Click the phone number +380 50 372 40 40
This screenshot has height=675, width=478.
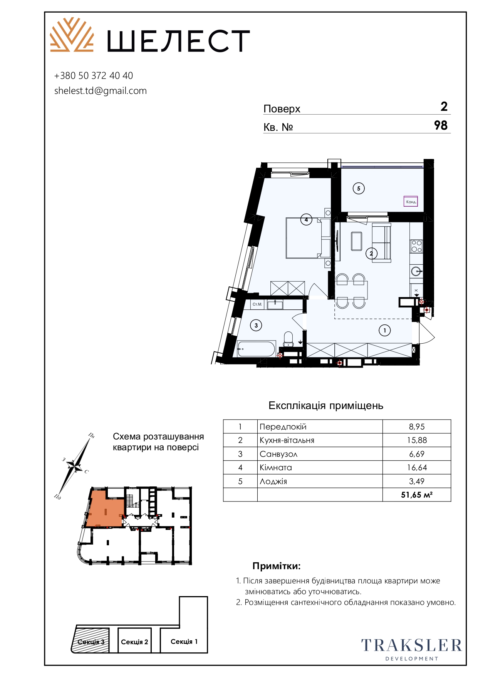(94, 76)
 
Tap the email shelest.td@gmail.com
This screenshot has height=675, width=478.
(101, 91)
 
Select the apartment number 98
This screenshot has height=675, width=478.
(441, 125)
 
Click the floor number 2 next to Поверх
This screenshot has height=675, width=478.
(444, 107)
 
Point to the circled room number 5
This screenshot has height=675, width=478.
(359, 189)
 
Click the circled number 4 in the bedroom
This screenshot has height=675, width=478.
(306, 220)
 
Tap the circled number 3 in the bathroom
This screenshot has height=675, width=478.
(256, 325)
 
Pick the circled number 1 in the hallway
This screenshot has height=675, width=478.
(384, 330)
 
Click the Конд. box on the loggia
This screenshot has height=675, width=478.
(411, 201)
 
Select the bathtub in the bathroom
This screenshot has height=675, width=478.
(256, 349)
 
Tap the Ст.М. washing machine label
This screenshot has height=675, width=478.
(257, 304)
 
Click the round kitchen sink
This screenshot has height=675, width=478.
(416, 271)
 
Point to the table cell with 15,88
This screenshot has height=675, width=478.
(417, 440)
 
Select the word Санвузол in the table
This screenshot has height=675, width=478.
(278, 454)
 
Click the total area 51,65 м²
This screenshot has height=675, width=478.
(417, 495)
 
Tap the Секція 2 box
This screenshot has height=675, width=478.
(134, 642)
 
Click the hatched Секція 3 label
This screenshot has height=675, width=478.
(91, 642)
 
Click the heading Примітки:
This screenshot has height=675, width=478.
(277, 566)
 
